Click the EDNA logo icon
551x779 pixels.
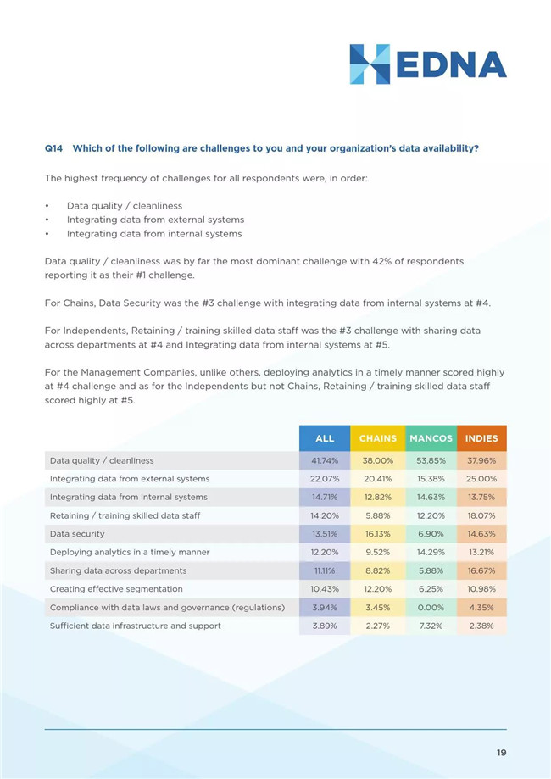pyautogui.click(x=370, y=64)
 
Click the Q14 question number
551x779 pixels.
pyautogui.click(x=53, y=148)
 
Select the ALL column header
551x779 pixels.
pyautogui.click(x=325, y=438)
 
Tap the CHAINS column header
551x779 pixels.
pyautogui.click(x=378, y=438)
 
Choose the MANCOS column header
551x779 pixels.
pyautogui.click(x=431, y=438)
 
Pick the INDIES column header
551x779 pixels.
pyautogui.click(x=481, y=438)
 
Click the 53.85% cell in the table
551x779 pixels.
pyautogui.click(x=431, y=460)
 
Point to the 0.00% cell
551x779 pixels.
pyautogui.click(x=431, y=608)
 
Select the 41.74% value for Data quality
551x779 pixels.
pyautogui.click(x=325, y=460)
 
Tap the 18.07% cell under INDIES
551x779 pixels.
pyautogui.click(x=481, y=515)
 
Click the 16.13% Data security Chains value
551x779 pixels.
pyautogui.click(x=378, y=534)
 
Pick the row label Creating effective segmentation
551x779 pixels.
pyautogui.click(x=116, y=589)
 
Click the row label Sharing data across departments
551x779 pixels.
pyautogui.click(x=118, y=570)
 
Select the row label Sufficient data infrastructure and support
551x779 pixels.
pyautogui.click(x=135, y=626)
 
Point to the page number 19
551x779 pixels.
pyautogui.click(x=501, y=753)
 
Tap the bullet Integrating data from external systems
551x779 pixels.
pyautogui.click(x=155, y=220)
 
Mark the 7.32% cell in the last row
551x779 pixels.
pyautogui.click(x=431, y=626)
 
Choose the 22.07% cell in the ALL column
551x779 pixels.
pyautogui.click(x=325, y=479)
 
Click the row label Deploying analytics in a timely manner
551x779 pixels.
pyautogui.click(x=130, y=553)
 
